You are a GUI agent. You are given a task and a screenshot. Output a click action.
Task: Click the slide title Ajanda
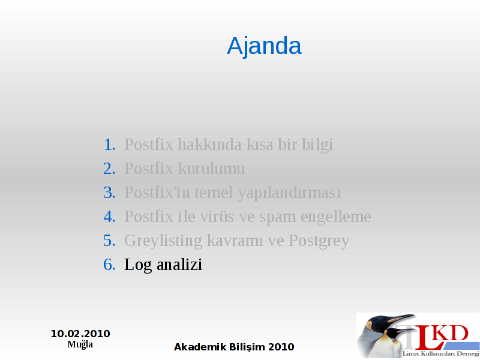264,46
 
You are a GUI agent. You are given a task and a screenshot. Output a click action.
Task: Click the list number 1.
110,145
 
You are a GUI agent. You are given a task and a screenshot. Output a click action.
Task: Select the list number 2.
109,169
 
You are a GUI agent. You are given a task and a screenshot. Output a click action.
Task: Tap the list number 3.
109,193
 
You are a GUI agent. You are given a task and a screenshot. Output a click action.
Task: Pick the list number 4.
109,217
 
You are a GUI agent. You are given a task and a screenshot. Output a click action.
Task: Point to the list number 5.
109,241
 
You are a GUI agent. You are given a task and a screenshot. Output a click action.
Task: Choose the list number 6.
109,265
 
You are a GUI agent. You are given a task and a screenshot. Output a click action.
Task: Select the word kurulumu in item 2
212,169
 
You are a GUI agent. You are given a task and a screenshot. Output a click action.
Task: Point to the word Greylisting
163,241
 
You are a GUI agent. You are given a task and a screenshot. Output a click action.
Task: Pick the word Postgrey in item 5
319,241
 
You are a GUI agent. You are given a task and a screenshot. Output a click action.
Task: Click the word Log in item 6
138,265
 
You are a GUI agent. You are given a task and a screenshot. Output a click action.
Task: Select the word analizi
179,265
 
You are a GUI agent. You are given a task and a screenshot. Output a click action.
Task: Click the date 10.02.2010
80,334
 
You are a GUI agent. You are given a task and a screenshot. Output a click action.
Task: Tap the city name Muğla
80,344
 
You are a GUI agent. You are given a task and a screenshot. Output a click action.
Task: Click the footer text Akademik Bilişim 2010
234,347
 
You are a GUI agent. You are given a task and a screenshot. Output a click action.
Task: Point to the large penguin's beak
400,319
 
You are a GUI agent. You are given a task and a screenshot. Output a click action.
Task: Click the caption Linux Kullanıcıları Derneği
441,353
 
